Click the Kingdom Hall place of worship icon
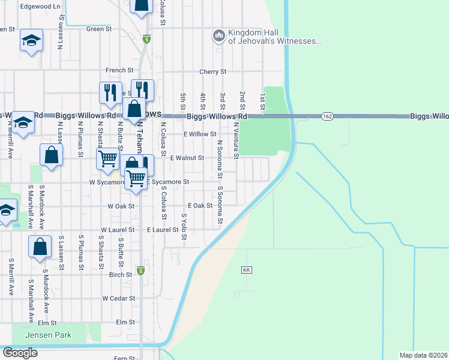[x=218, y=37]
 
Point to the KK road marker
[x=246, y=271]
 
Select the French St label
[x=119, y=70]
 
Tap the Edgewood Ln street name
[x=41, y=6]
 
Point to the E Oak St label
[x=200, y=206]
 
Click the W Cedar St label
[x=117, y=298]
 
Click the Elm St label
[x=125, y=322]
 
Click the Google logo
[x=20, y=353]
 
